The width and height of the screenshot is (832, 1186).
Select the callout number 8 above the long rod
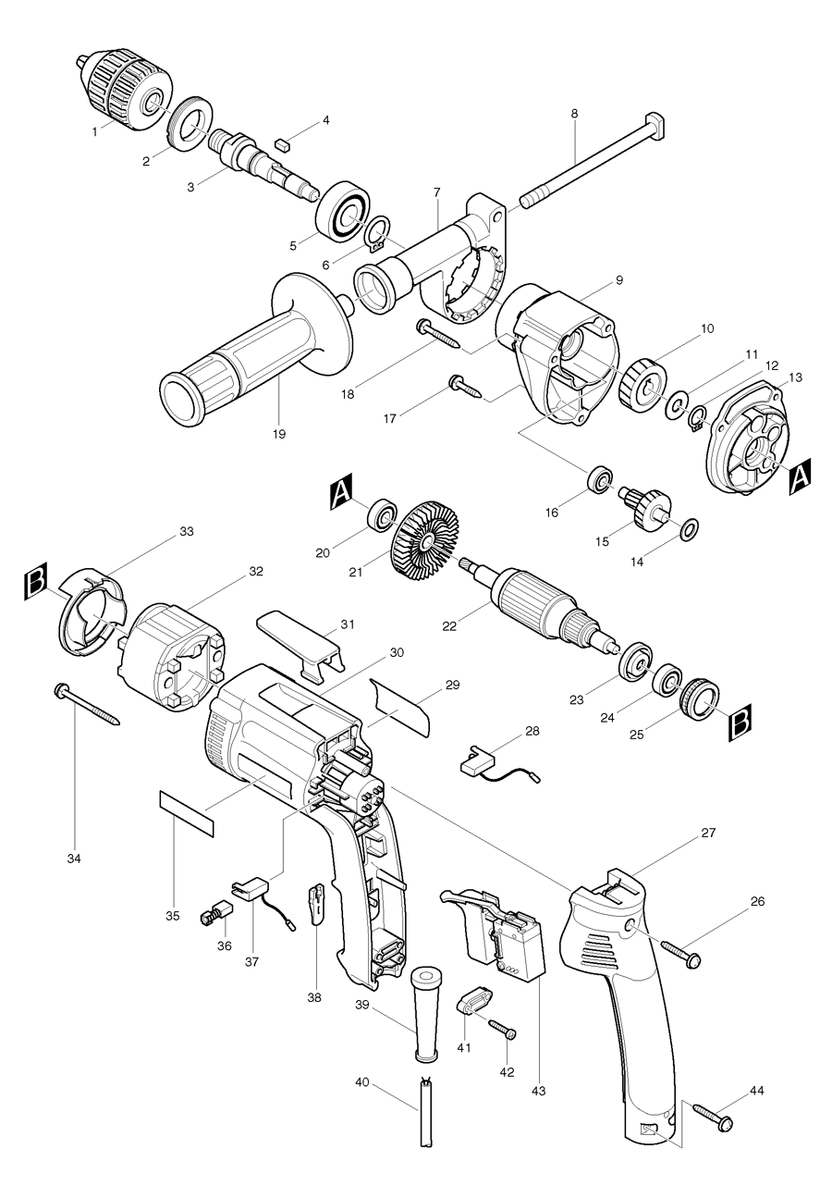click(574, 114)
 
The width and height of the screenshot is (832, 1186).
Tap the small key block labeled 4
click(283, 142)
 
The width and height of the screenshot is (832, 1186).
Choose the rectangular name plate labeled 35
click(186, 813)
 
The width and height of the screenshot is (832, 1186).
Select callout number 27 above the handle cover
click(708, 834)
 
